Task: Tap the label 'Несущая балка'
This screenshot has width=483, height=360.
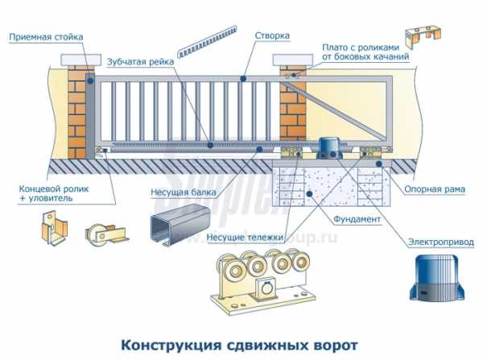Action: (x=179, y=192)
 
